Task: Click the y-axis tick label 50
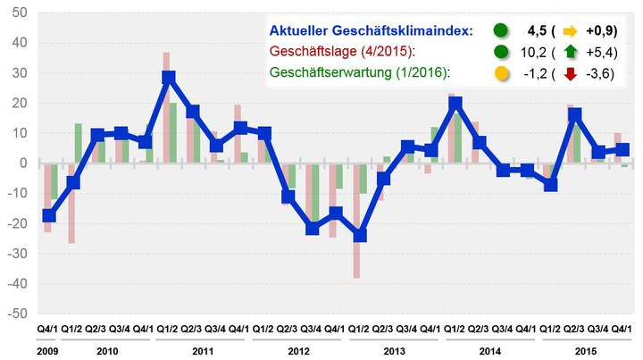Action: click(x=20, y=13)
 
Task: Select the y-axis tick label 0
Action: click(x=24, y=163)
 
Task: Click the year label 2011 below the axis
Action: click(x=202, y=349)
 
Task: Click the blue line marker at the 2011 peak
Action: click(x=168, y=77)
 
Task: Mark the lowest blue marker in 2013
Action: click(x=360, y=236)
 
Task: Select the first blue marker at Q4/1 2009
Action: click(x=48, y=215)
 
